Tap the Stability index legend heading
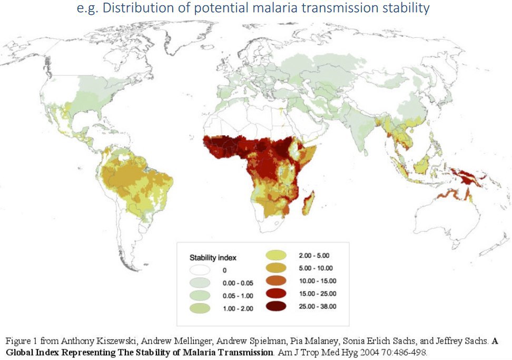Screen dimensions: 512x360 [213, 257]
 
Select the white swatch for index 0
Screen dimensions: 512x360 [200, 270]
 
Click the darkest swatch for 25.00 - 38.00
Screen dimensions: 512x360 [276, 306]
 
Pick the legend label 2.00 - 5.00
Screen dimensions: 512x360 [314, 256]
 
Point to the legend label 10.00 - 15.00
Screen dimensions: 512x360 [318, 281]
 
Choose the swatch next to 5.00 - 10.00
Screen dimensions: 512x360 [276, 268]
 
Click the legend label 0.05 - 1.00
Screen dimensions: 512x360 [238, 296]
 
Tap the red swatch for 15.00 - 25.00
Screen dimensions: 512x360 [276, 293]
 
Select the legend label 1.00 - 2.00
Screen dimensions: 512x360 [238, 308]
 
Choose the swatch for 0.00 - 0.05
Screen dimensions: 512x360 [200, 283]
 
